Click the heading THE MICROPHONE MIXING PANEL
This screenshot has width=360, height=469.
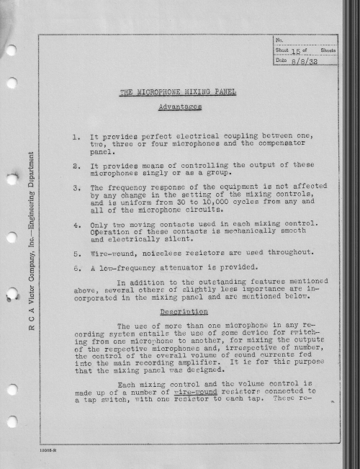pos(177,93)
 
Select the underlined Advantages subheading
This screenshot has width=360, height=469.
pos(179,107)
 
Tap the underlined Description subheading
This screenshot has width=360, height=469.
pos(179,313)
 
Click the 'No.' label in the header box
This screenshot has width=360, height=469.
pos(281,40)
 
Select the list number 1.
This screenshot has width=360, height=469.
pos(76,136)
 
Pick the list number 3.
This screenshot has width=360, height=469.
pos(76,188)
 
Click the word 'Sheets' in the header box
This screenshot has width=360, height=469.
pos(327,50)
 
